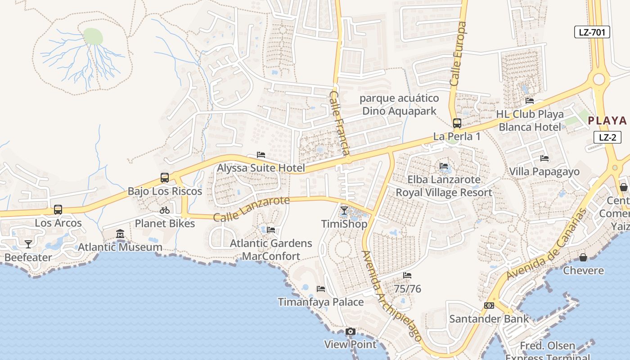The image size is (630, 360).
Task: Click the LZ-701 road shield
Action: click(592, 32)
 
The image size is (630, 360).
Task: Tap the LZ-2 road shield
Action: click(607, 137)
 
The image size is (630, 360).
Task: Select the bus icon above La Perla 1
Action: click(457, 123)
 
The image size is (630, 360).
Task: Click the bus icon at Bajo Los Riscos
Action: click(165, 178)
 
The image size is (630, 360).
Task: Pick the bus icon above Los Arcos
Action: click(58, 209)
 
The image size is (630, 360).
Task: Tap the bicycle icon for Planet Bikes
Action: click(165, 210)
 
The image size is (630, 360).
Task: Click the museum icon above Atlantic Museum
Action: click(120, 234)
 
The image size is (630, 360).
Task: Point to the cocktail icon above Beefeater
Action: click(28, 244)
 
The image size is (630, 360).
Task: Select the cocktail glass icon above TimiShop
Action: click(344, 211)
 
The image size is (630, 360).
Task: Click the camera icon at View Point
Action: click(350, 332)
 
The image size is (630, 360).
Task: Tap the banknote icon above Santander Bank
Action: click(489, 306)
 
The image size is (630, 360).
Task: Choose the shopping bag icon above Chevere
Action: click(583, 257)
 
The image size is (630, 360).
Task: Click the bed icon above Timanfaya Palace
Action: click(321, 288)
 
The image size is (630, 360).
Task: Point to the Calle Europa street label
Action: click(459, 54)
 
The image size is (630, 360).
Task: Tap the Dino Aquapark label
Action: click(399, 111)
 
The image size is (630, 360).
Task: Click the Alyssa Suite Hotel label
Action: click(261, 168)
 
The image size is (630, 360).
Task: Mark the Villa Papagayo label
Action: click(544, 171)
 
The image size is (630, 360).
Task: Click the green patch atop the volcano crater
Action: click(93, 36)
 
